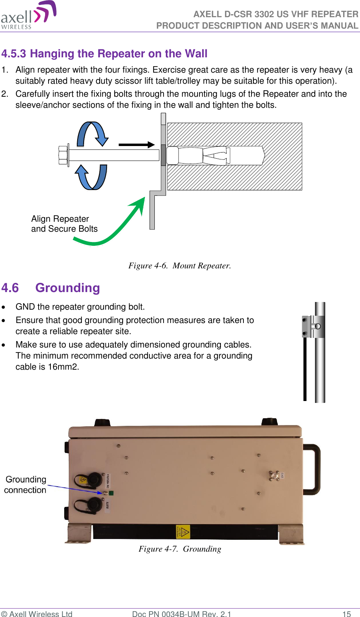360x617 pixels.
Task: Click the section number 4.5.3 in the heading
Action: coord(14,54)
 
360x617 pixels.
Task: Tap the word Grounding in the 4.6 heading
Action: coord(68,288)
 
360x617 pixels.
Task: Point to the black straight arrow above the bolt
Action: coord(136,145)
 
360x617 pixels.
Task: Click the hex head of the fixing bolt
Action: coord(63,155)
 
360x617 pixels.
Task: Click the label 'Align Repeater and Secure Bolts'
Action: coord(64,224)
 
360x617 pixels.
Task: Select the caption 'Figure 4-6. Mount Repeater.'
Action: coord(180,266)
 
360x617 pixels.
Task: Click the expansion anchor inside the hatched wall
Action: coord(214,156)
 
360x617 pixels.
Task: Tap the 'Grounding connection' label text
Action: coord(26,485)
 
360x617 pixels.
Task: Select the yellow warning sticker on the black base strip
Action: coord(183,532)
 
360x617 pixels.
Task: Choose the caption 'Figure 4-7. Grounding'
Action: coord(180,549)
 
